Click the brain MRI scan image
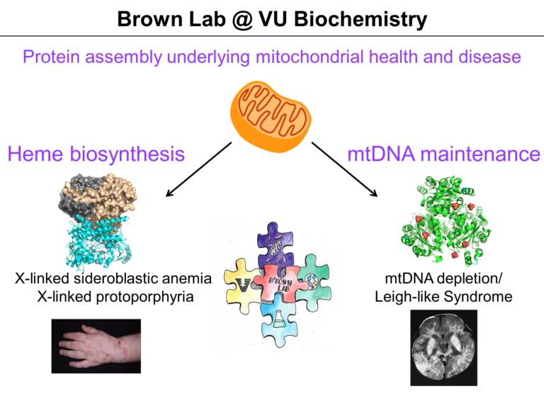(x=443, y=347)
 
